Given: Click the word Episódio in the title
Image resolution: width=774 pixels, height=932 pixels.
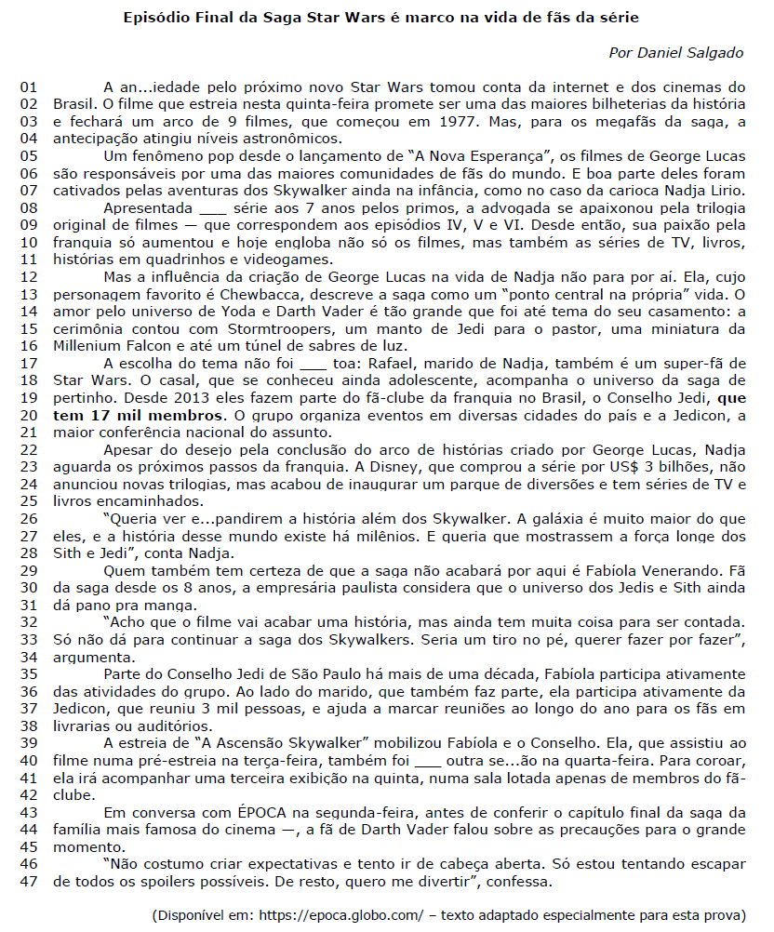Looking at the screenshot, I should coord(154,18).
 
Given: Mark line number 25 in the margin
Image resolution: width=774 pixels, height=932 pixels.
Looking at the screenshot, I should coord(29,500).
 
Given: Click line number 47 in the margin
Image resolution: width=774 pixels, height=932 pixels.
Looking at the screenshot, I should coord(29,882).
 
